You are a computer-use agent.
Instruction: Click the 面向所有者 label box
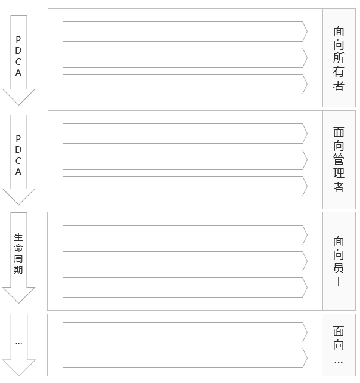339,58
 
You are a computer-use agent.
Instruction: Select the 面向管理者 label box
339,160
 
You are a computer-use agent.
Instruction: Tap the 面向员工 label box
339,261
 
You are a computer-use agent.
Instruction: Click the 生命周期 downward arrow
18,258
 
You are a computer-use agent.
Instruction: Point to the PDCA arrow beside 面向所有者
18,60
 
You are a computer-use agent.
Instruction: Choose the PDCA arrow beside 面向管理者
18,160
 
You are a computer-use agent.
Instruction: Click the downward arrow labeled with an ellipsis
19,345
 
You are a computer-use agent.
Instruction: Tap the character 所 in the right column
339,58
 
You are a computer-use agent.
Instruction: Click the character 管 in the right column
339,159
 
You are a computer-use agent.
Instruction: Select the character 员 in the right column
339,268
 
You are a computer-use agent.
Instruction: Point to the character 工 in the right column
339,282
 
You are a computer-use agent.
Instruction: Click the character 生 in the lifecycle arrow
18,237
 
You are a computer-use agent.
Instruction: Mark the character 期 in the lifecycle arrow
18,270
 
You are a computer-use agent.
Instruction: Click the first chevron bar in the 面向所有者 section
185,32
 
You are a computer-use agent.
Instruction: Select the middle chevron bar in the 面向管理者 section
185,160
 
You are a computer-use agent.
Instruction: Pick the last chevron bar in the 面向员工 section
185,288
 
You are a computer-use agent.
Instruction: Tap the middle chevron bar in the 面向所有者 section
185,58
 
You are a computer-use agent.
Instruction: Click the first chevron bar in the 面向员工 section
185,235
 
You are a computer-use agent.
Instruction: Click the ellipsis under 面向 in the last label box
339,362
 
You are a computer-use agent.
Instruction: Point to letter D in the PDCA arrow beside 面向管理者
18,150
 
